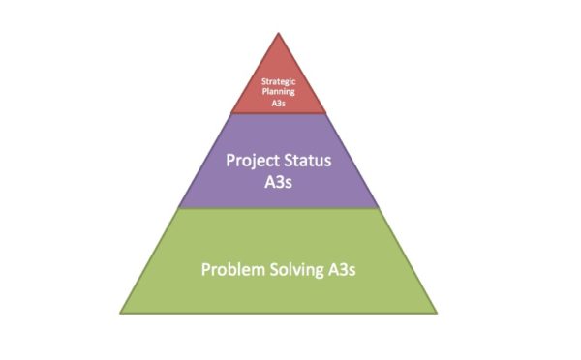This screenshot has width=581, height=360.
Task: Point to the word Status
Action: [x=309, y=160]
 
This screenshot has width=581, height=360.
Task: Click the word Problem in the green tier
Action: [x=231, y=268]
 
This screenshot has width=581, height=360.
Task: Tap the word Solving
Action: [x=295, y=268]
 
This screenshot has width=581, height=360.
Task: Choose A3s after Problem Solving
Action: [x=341, y=268]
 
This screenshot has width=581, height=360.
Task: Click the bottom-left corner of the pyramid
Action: [x=120, y=313]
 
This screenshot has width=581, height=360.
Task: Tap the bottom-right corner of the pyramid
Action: [x=437, y=313]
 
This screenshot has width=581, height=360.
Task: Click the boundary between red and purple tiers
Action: [x=278, y=113]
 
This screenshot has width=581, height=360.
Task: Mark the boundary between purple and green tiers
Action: [x=278, y=209]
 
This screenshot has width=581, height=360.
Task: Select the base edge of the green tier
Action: [x=278, y=313]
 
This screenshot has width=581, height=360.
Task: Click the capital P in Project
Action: [x=230, y=160]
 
